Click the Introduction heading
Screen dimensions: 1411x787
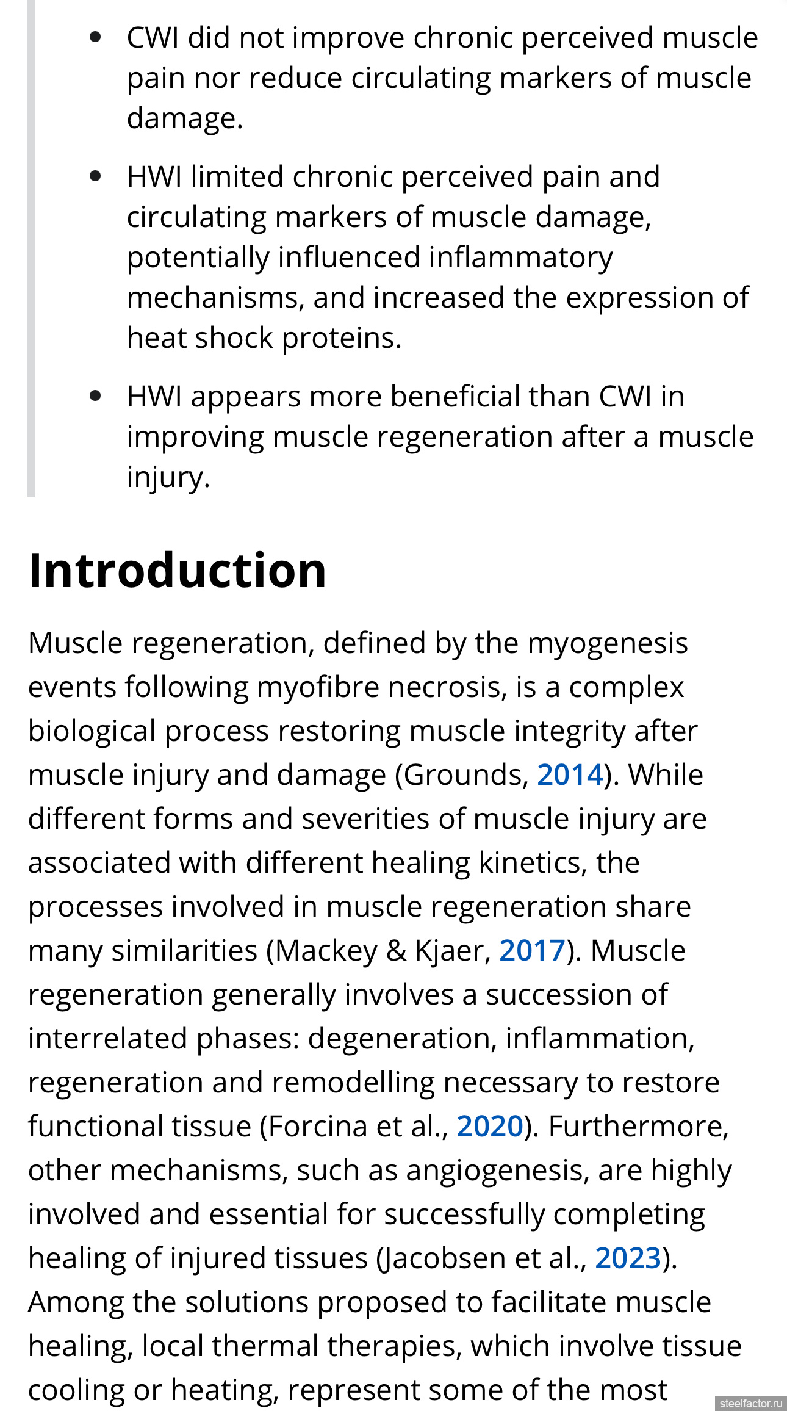pos(178,570)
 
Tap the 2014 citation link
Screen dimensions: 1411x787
pos(570,775)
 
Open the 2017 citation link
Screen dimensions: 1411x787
pos(532,951)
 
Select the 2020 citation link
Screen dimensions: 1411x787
pos(489,1127)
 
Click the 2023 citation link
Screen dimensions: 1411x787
pos(628,1258)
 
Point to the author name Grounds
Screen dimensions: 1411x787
pos(463,775)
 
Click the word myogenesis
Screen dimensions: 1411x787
pos(608,643)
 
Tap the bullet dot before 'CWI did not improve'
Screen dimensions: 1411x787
pos(95,37)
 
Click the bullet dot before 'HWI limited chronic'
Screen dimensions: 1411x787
pos(95,176)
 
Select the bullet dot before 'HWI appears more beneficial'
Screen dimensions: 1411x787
pos(95,396)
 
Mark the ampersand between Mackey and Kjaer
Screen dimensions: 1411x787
pos(397,951)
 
